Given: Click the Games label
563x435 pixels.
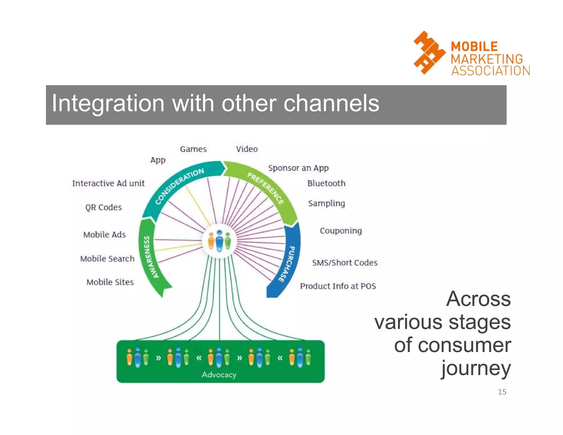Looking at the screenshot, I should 193,149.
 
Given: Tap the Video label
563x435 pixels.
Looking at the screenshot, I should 247,149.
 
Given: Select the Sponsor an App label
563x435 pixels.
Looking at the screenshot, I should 298,168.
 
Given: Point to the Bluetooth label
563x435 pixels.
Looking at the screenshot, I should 326,183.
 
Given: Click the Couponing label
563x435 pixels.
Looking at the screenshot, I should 341,231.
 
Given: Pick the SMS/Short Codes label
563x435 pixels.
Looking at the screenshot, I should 344,263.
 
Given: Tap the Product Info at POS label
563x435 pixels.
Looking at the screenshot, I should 338,286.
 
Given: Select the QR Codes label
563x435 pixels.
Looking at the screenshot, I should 103,207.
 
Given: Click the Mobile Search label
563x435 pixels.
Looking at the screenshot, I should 107,259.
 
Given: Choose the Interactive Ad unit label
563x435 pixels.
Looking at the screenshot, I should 108,183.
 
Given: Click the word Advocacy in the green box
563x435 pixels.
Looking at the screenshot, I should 219,375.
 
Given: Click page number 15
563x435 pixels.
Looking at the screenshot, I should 502,392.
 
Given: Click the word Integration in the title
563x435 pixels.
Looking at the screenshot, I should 108,104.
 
